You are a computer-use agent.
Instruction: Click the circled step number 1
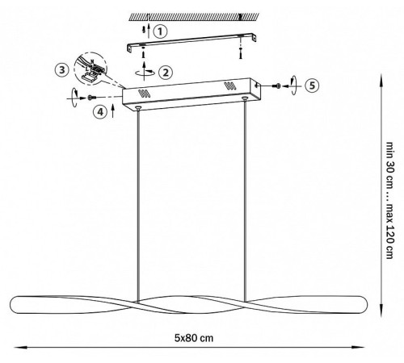(160, 31)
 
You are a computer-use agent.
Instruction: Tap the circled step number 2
(166, 73)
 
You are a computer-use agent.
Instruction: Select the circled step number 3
(62, 70)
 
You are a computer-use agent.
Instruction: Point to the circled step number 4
(100, 111)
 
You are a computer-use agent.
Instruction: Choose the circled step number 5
(312, 86)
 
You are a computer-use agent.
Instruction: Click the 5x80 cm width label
(194, 338)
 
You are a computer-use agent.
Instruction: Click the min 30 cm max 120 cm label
(389, 200)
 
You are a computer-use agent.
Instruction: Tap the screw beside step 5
(276, 86)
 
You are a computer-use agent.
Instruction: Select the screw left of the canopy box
(92, 98)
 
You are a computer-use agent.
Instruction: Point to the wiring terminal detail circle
(90, 69)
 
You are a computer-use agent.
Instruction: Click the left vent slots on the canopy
(144, 94)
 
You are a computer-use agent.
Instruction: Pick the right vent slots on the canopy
(230, 86)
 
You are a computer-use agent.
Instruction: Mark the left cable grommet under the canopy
(138, 108)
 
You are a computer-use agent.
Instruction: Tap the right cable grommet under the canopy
(245, 98)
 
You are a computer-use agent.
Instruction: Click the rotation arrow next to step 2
(145, 72)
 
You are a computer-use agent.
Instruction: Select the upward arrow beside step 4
(113, 111)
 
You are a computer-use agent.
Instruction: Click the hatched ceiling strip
(194, 17)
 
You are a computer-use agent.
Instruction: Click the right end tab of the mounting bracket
(253, 37)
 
